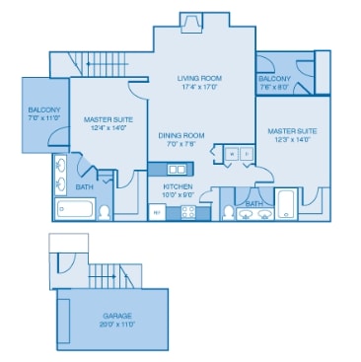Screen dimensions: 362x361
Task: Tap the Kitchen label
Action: pos(178,184)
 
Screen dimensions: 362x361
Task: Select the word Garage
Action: pos(116,316)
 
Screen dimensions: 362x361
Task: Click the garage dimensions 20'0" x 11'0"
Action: pos(116,324)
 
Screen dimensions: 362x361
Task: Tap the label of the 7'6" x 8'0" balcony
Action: pos(273,78)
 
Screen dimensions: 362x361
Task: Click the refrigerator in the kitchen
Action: pos(156,210)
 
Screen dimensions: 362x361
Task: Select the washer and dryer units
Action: pos(233,153)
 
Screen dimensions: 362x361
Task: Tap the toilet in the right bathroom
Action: pos(229,210)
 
